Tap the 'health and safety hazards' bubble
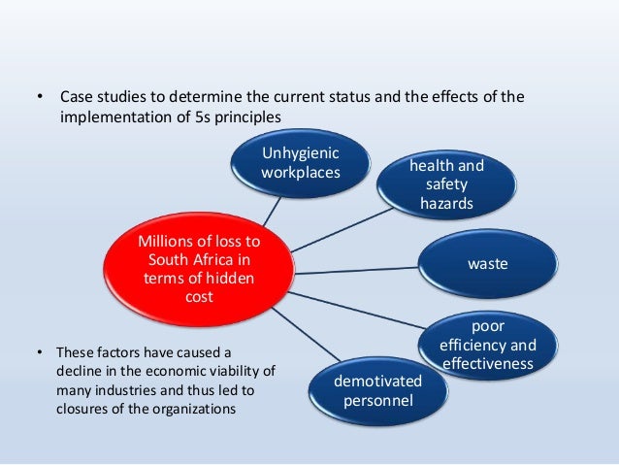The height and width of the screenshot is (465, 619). click(x=447, y=184)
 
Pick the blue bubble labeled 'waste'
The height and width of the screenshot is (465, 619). click(x=488, y=263)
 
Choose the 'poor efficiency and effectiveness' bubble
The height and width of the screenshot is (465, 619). click(x=487, y=343)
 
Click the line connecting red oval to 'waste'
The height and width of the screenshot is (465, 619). click(x=355, y=269)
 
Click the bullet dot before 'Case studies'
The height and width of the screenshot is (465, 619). click(x=40, y=99)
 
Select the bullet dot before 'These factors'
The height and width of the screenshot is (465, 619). click(x=40, y=351)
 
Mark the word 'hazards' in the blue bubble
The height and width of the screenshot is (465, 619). click(x=446, y=203)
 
